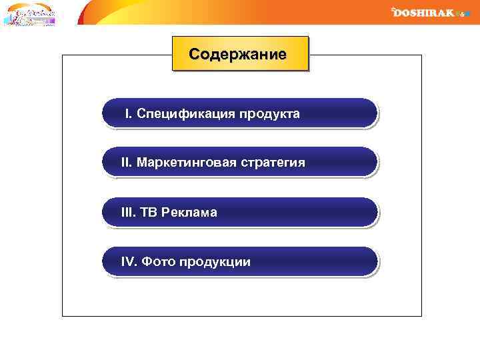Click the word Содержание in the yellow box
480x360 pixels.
238,54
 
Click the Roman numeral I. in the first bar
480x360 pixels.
129,113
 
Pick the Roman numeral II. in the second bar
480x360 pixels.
127,163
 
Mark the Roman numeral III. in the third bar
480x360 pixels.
128,213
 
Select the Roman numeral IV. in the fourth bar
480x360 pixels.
129,262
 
